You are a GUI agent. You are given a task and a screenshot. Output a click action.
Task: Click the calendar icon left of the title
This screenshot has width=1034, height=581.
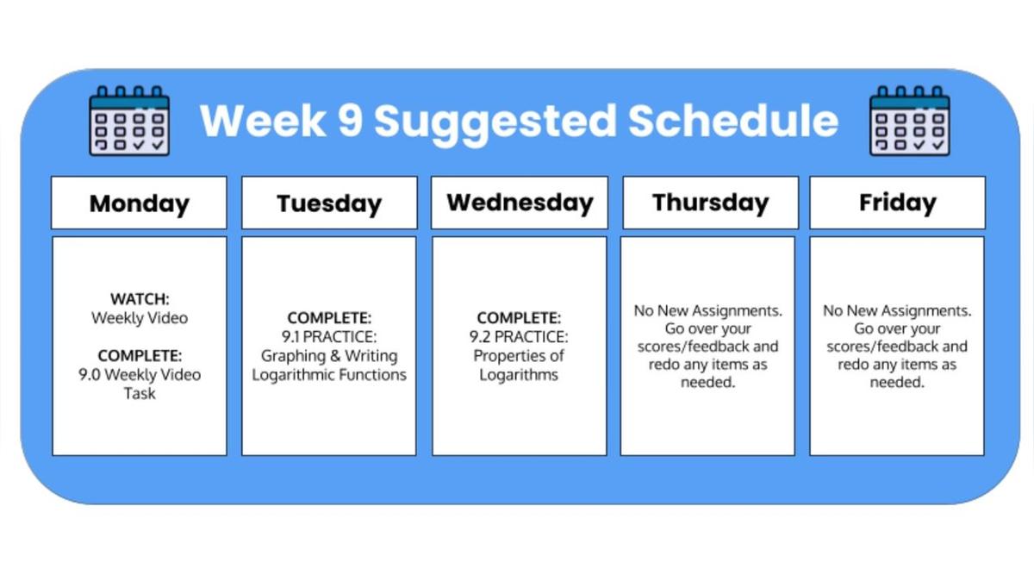point(129,121)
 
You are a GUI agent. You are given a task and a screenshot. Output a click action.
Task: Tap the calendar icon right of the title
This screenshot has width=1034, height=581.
point(909,121)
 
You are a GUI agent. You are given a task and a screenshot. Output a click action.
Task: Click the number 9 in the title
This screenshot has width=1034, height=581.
point(350,120)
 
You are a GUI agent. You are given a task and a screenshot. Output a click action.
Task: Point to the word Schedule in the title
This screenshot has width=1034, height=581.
point(733,120)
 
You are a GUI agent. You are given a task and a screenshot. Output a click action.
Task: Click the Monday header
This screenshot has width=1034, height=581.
point(139,203)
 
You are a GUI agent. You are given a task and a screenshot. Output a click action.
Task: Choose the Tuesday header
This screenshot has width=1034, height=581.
point(329,203)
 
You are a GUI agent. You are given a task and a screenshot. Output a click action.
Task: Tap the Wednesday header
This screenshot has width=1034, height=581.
point(520,203)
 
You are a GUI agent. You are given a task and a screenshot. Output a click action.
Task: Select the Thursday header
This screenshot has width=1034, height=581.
point(710,203)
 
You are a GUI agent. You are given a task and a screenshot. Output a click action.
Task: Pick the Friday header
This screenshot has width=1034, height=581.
point(897,203)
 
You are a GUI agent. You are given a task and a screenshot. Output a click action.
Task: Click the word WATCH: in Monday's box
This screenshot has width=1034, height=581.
point(140,299)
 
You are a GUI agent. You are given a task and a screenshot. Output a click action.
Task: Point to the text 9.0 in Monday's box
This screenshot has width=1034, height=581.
point(90,375)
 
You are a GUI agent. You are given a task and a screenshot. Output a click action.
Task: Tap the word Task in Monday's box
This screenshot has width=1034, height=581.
point(140,393)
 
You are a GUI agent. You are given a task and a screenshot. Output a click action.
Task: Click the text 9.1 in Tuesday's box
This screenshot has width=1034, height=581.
point(290,337)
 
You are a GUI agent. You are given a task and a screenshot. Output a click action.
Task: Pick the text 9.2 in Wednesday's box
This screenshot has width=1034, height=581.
point(480,337)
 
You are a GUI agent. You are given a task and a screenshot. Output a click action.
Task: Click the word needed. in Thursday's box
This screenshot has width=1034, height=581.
point(707,382)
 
